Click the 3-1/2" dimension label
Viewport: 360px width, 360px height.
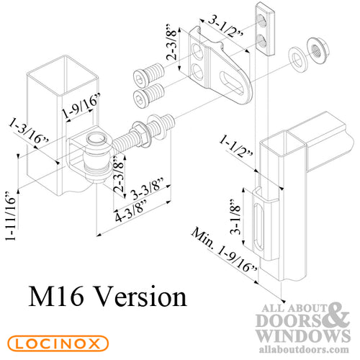coord(225,26)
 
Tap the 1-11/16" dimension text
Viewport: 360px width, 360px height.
coord(11,215)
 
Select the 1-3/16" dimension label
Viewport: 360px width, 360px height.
coord(29,131)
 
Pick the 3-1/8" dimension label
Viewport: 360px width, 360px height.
coord(235,217)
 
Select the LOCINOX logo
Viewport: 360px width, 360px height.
coord(58,343)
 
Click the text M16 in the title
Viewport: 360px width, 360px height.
coord(56,297)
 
